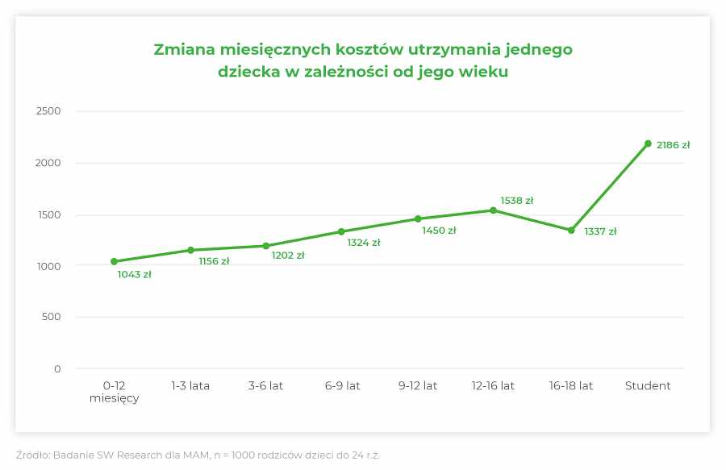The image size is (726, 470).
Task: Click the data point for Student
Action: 648,143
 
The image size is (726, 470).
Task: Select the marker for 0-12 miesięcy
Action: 114,261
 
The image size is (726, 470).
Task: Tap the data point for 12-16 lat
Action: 493,210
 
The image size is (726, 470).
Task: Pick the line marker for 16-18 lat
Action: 571,231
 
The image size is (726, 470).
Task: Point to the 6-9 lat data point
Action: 341,232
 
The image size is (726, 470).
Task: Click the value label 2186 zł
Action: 673,146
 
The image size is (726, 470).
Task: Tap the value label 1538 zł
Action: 516,201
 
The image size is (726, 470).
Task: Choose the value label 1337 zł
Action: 600,232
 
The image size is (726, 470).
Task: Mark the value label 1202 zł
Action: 287,256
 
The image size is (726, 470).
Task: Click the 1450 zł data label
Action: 439,231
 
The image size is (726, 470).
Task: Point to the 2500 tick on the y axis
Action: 48,111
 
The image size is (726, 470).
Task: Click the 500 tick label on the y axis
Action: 52,317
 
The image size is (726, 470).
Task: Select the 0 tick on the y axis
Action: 57,369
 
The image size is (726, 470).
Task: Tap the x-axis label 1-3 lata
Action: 190,386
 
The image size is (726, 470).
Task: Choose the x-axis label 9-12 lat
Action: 418,386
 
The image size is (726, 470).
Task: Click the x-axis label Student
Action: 648,386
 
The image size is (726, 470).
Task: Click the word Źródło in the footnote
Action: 31,455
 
